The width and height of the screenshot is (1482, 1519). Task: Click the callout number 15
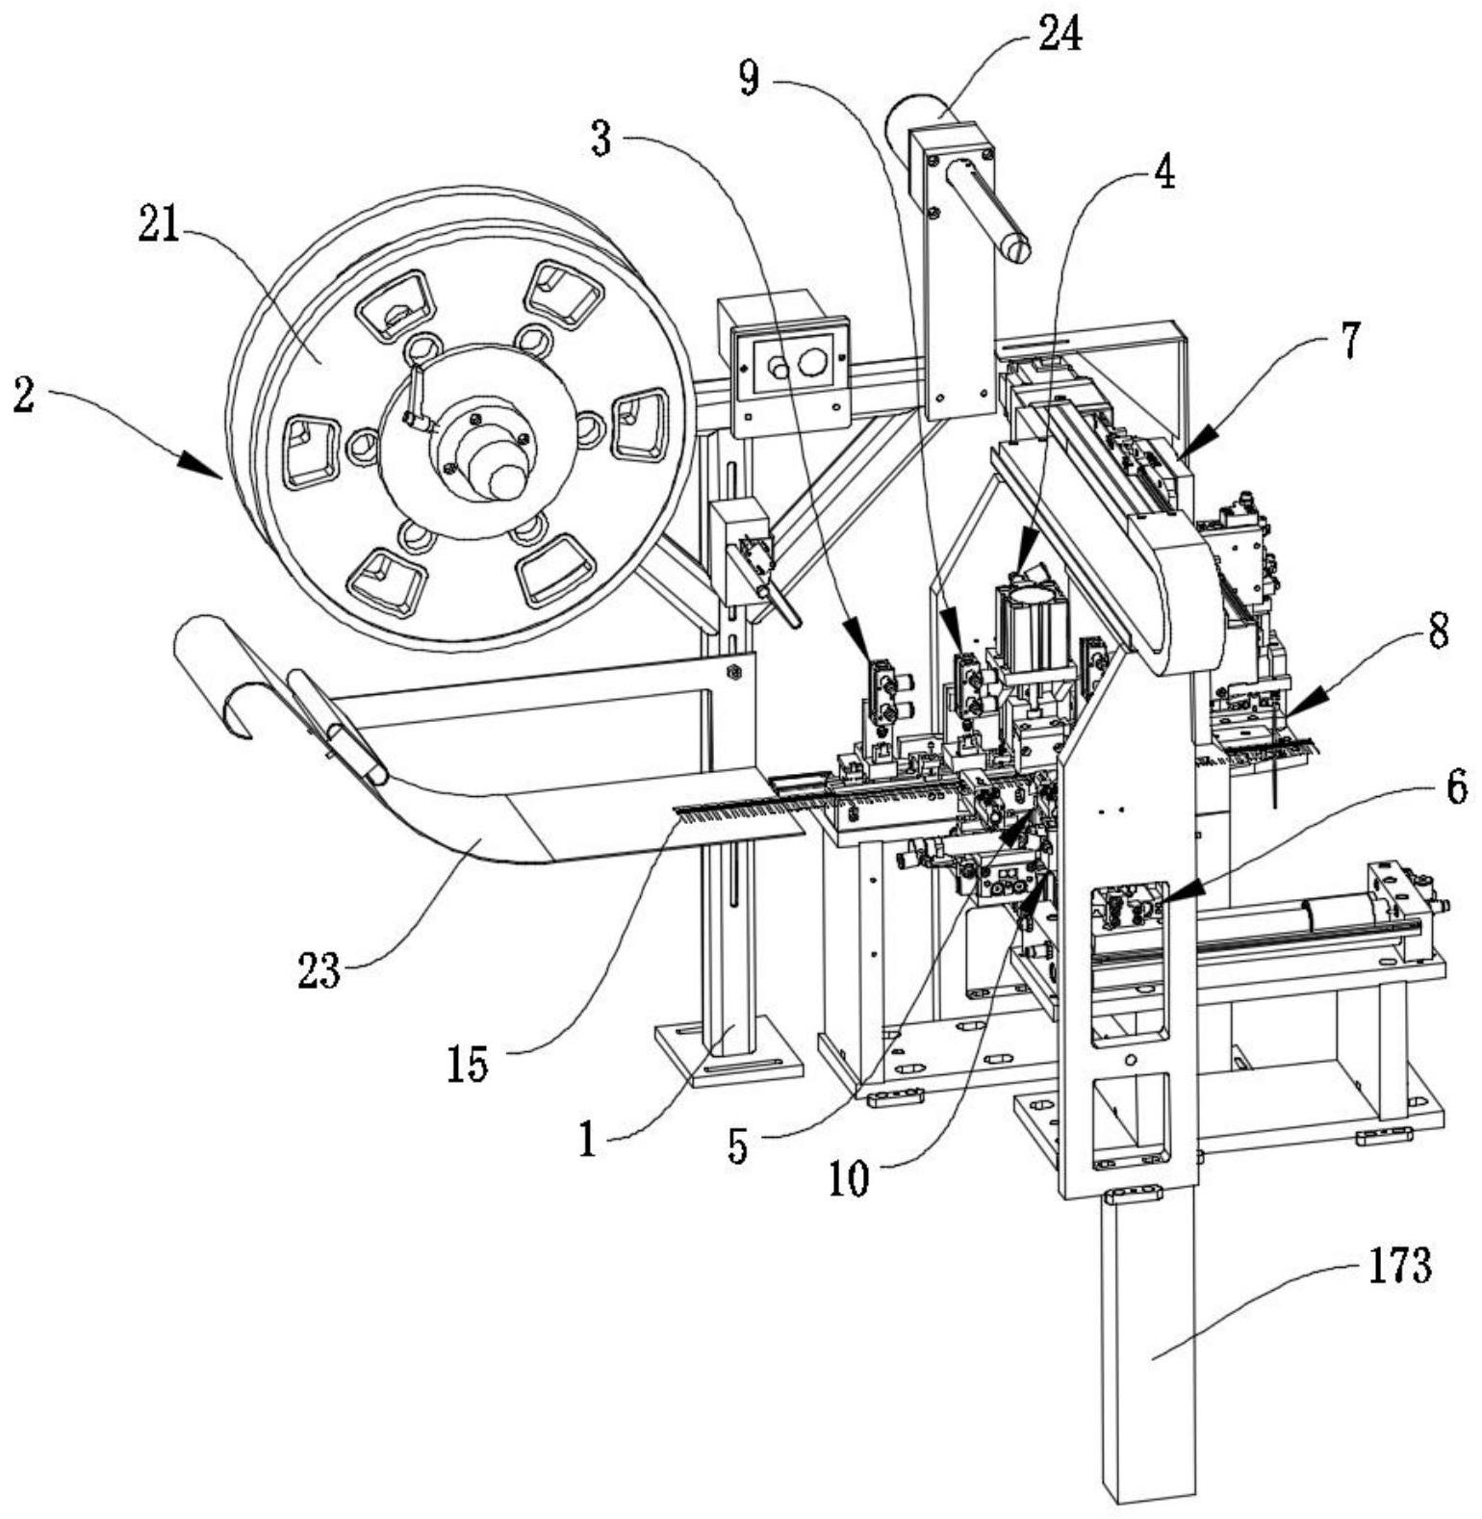pyautogui.click(x=467, y=1064)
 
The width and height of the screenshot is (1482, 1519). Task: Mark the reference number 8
pyautogui.click(x=1438, y=634)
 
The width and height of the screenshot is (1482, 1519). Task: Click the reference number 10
pyautogui.click(x=850, y=1178)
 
